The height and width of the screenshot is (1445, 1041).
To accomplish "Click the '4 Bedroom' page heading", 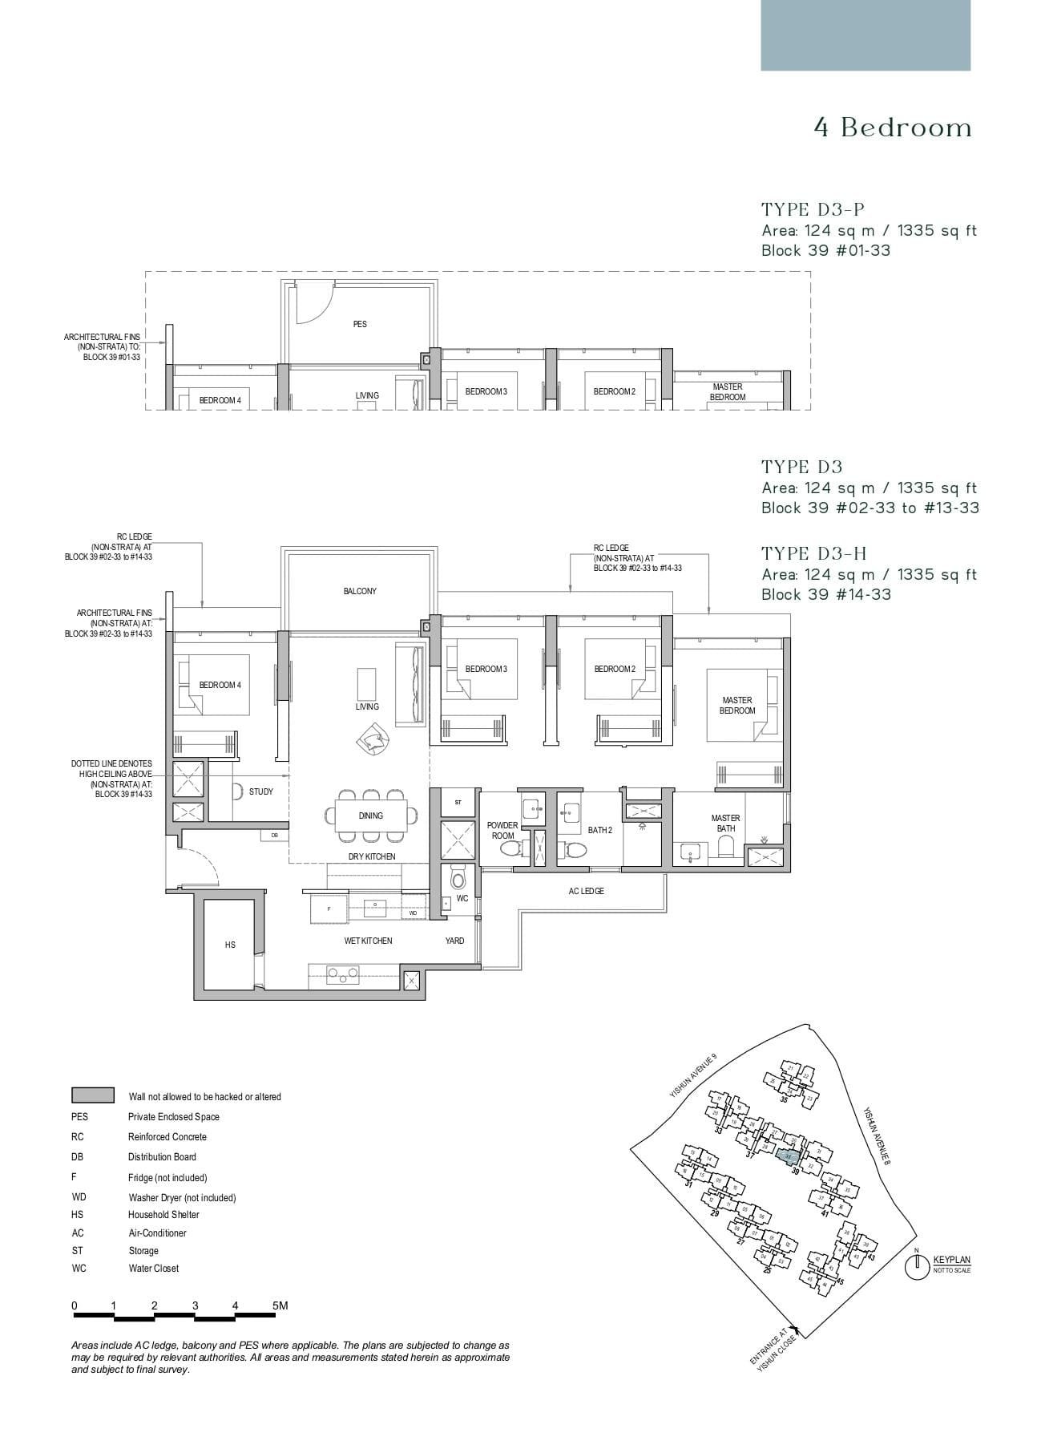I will (x=893, y=128).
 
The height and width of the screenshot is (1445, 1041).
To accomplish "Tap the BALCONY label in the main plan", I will (x=360, y=591).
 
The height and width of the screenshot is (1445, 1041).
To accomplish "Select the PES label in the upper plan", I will (x=360, y=324).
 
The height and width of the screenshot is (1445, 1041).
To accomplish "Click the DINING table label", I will (x=370, y=816).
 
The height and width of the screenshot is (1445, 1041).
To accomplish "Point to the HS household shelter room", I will (x=230, y=945).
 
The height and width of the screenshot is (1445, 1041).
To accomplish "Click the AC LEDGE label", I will (x=586, y=891).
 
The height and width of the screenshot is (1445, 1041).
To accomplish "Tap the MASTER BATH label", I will (x=725, y=823).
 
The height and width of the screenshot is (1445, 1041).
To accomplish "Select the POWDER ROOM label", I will (x=502, y=830).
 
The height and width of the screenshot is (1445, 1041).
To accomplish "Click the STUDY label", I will (x=261, y=791).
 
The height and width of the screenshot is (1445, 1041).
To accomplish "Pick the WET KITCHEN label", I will (x=368, y=941).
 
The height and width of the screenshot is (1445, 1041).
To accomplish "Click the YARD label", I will (x=454, y=941).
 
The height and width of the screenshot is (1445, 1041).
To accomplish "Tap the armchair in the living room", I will (x=373, y=737).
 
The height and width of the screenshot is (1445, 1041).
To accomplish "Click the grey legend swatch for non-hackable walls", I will (x=93, y=1095).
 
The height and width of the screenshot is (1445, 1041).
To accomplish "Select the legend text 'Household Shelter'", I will (x=163, y=1214).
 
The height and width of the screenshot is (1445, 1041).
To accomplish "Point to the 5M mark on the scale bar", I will (x=279, y=1305).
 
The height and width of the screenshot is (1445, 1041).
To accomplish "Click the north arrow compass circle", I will (x=916, y=1268).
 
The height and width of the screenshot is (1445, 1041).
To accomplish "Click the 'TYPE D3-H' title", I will (x=814, y=553).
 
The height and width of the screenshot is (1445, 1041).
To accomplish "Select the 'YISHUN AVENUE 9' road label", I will (x=693, y=1077).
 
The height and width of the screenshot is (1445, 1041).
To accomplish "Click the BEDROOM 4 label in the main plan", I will (x=220, y=685).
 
